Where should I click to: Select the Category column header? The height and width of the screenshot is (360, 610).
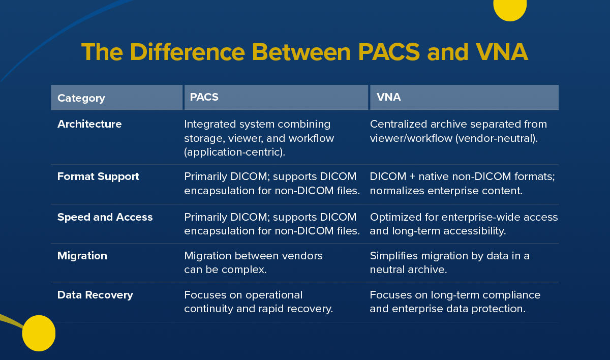(81, 98)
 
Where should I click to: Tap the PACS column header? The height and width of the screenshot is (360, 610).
(204, 97)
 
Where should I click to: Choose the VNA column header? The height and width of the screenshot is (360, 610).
(388, 97)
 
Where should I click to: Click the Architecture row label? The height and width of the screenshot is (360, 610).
(89, 124)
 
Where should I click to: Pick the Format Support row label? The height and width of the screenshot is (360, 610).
(98, 176)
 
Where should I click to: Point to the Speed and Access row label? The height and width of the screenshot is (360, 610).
(105, 217)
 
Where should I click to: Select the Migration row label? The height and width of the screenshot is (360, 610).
(82, 256)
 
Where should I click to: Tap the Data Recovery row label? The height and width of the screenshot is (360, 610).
(95, 295)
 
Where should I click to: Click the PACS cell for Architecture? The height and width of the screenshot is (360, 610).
(259, 138)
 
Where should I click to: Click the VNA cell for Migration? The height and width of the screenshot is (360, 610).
(449, 262)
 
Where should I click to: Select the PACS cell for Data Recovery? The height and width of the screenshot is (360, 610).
(258, 302)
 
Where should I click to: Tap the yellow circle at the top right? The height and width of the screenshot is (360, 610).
(510, 8)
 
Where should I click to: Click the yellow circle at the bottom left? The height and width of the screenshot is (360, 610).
(39, 333)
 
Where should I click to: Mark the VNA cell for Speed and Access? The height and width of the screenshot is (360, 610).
(463, 224)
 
